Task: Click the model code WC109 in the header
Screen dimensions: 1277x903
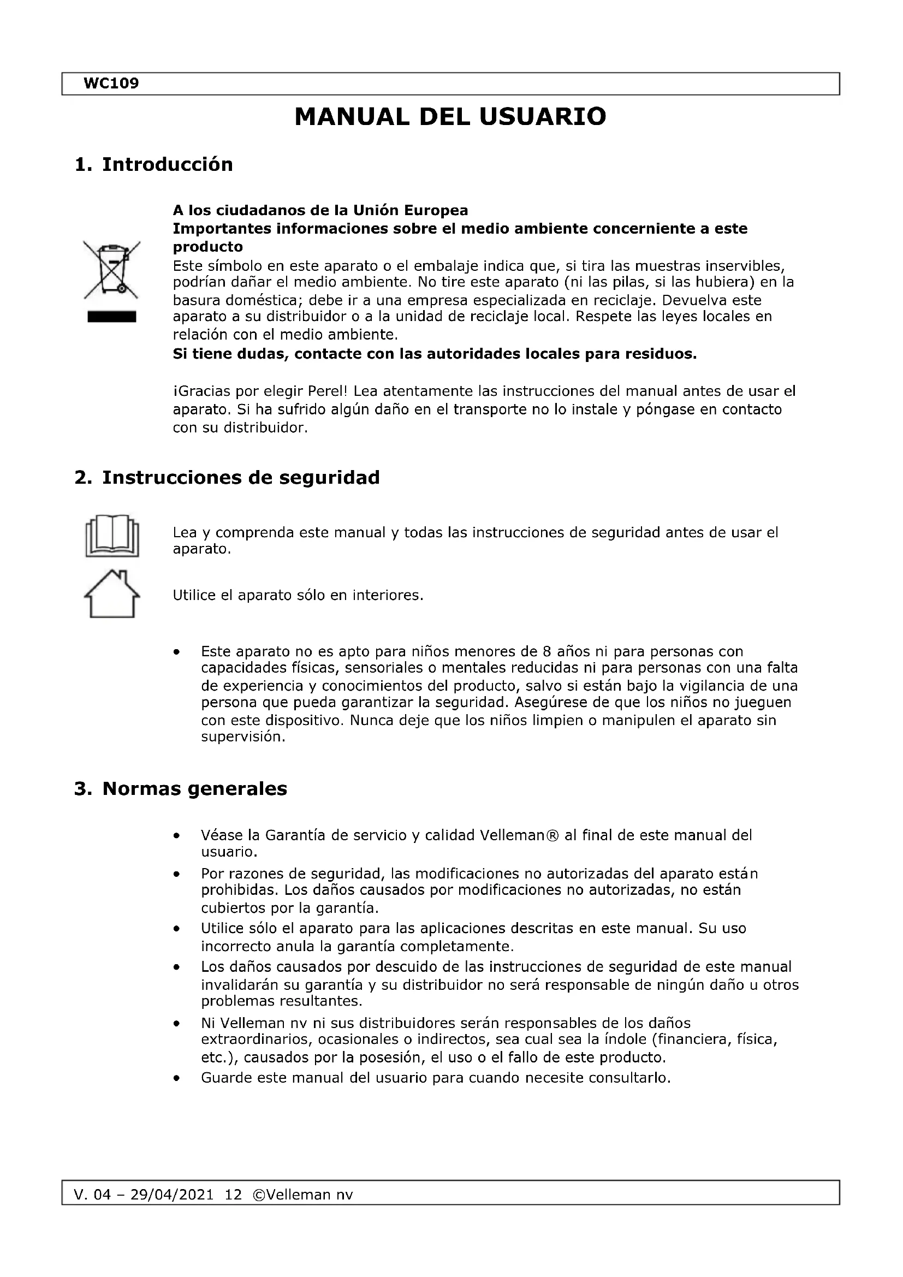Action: (111, 84)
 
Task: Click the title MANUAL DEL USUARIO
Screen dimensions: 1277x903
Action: (450, 117)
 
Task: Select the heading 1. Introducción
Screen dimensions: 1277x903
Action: (153, 165)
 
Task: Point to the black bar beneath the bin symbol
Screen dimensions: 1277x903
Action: (112, 317)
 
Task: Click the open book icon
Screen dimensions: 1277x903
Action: (112, 536)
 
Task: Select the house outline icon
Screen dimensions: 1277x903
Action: (112, 594)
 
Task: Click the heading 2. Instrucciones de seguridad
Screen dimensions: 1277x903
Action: (227, 477)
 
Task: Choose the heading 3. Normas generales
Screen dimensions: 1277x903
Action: (181, 789)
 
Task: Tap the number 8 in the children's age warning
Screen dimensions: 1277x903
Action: (546, 651)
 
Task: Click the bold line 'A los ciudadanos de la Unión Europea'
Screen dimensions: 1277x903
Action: (320, 210)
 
